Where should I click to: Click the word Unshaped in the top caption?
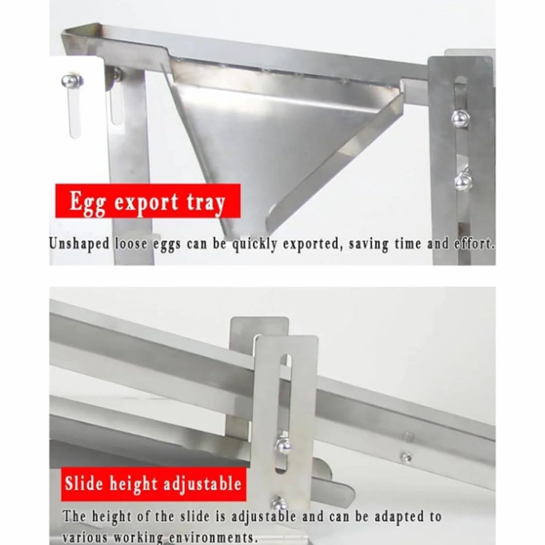(79, 244)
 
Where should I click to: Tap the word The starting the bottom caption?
(74, 517)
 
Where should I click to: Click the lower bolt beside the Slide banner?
(279, 503)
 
